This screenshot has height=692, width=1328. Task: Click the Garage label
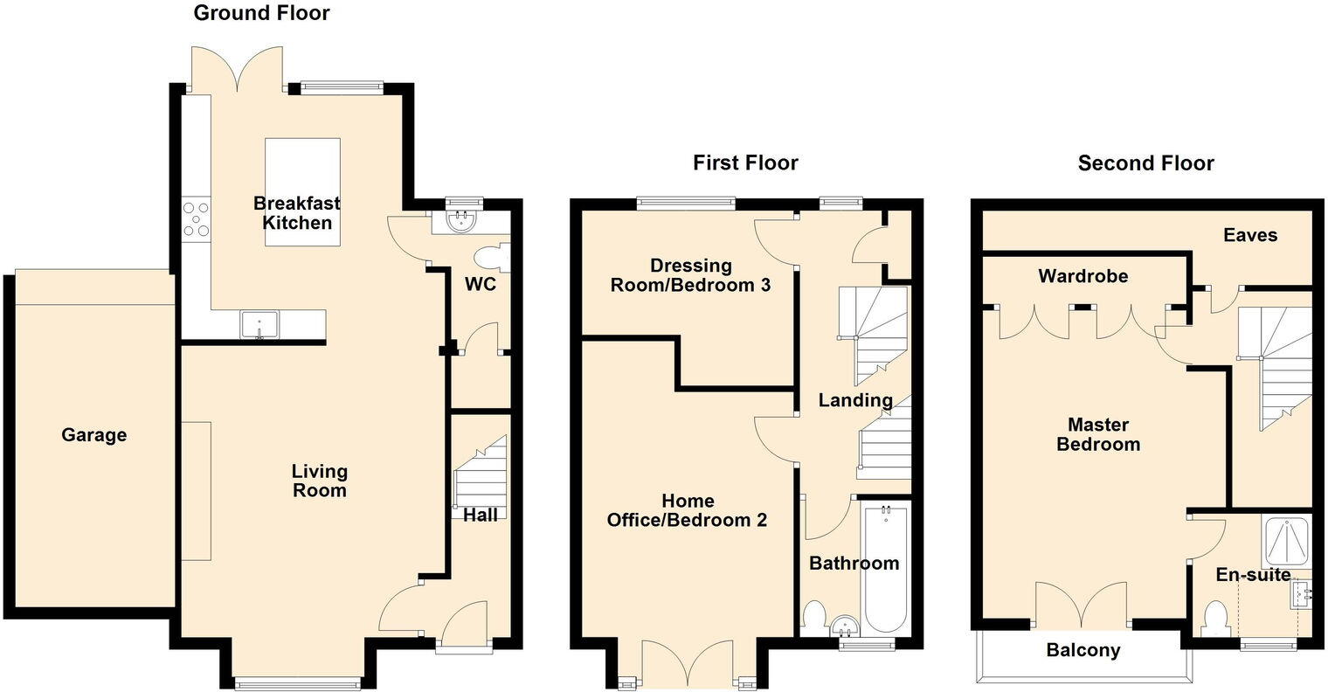(x=93, y=435)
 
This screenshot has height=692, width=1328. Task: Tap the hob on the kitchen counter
(x=196, y=219)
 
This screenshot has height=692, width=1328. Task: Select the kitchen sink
(x=259, y=325)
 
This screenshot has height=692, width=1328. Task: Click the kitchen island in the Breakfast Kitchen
(x=302, y=192)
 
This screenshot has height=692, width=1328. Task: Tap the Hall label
(x=481, y=515)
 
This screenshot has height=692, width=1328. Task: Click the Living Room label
(x=319, y=481)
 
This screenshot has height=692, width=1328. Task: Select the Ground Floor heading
(x=261, y=13)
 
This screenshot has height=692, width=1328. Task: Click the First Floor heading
(x=745, y=163)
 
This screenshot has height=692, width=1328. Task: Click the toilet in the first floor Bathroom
(x=813, y=615)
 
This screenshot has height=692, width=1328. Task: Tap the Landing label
(x=855, y=400)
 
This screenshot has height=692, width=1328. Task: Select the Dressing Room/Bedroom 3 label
(x=691, y=275)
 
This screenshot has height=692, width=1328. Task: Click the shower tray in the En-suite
(x=1286, y=542)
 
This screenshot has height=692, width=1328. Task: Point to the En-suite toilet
(x=1215, y=619)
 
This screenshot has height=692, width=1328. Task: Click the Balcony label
(x=1083, y=650)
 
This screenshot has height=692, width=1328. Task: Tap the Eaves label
(x=1250, y=235)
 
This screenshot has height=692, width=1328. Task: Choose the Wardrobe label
(x=1083, y=276)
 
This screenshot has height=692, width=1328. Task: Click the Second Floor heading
(x=1145, y=163)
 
